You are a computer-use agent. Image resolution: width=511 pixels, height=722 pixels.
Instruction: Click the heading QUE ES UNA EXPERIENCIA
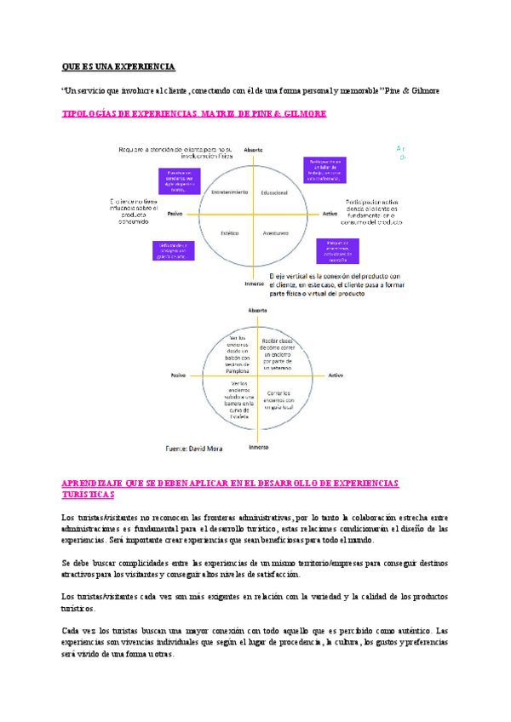click(x=118, y=66)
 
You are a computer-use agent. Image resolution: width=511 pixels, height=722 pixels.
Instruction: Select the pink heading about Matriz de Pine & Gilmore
click(x=194, y=113)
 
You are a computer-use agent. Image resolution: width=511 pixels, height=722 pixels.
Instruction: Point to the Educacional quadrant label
click(x=275, y=192)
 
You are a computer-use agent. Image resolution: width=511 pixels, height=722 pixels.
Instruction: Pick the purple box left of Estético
click(x=172, y=249)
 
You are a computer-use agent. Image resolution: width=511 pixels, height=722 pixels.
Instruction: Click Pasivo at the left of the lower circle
click(x=178, y=375)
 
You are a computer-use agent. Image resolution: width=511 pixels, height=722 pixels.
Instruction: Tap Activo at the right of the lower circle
click(x=336, y=375)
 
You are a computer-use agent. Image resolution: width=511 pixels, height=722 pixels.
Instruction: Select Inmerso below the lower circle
click(x=258, y=446)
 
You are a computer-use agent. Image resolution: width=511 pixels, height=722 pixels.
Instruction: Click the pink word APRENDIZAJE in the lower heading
click(x=94, y=483)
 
